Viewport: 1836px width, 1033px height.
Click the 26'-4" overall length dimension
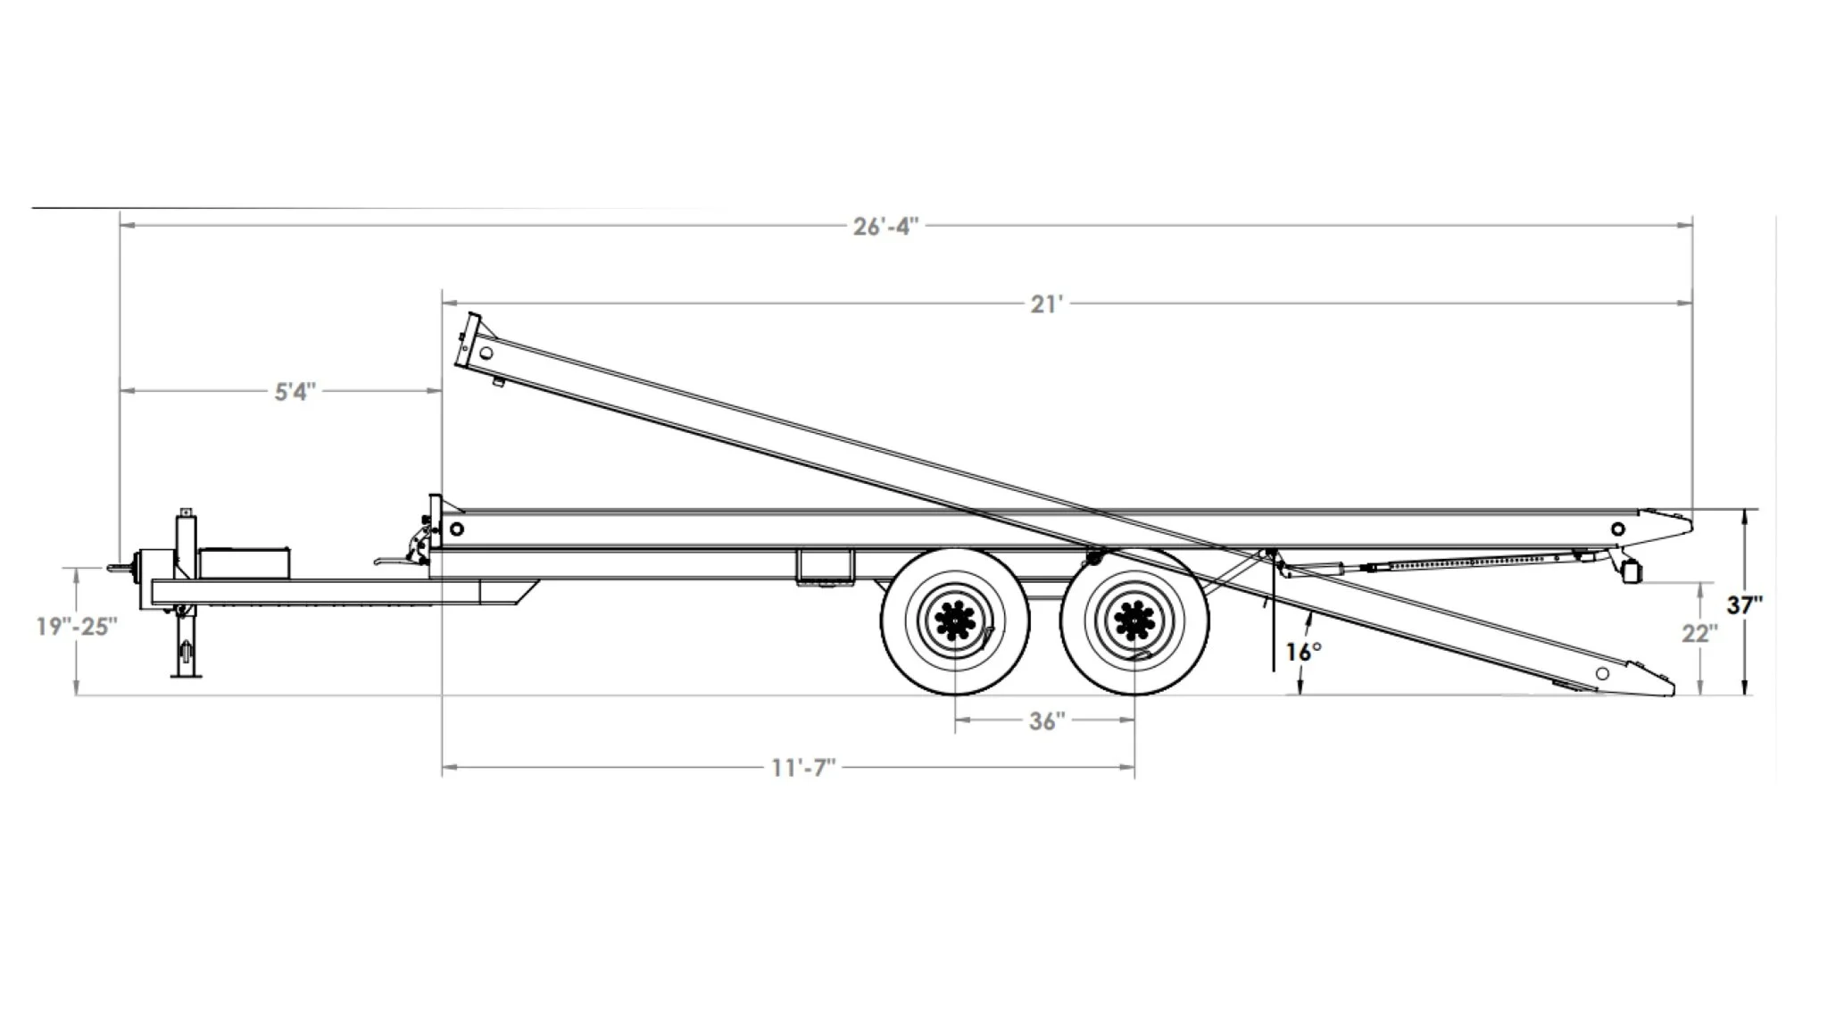coord(885,227)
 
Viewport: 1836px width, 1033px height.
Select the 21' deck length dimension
coord(1047,304)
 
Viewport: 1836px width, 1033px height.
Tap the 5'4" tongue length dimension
coord(295,392)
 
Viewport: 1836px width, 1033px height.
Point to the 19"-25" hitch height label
coord(77,627)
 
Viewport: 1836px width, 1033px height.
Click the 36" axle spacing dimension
coord(1046,721)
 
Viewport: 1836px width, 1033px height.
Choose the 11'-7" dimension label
coord(803,768)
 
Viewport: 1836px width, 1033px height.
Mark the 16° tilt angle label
coord(1303,652)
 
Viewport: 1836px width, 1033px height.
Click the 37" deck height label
coord(1744,605)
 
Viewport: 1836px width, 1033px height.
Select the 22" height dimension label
coord(1699,633)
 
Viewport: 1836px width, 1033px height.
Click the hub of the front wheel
coord(955,620)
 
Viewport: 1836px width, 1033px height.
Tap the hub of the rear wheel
coord(1134,620)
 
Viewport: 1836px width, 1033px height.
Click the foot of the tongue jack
coord(186,673)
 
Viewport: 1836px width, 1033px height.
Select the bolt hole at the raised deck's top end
coord(486,354)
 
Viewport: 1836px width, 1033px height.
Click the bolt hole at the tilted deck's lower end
coord(1602,673)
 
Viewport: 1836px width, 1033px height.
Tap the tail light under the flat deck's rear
coord(1632,571)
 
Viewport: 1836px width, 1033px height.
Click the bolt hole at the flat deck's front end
coord(457,529)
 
